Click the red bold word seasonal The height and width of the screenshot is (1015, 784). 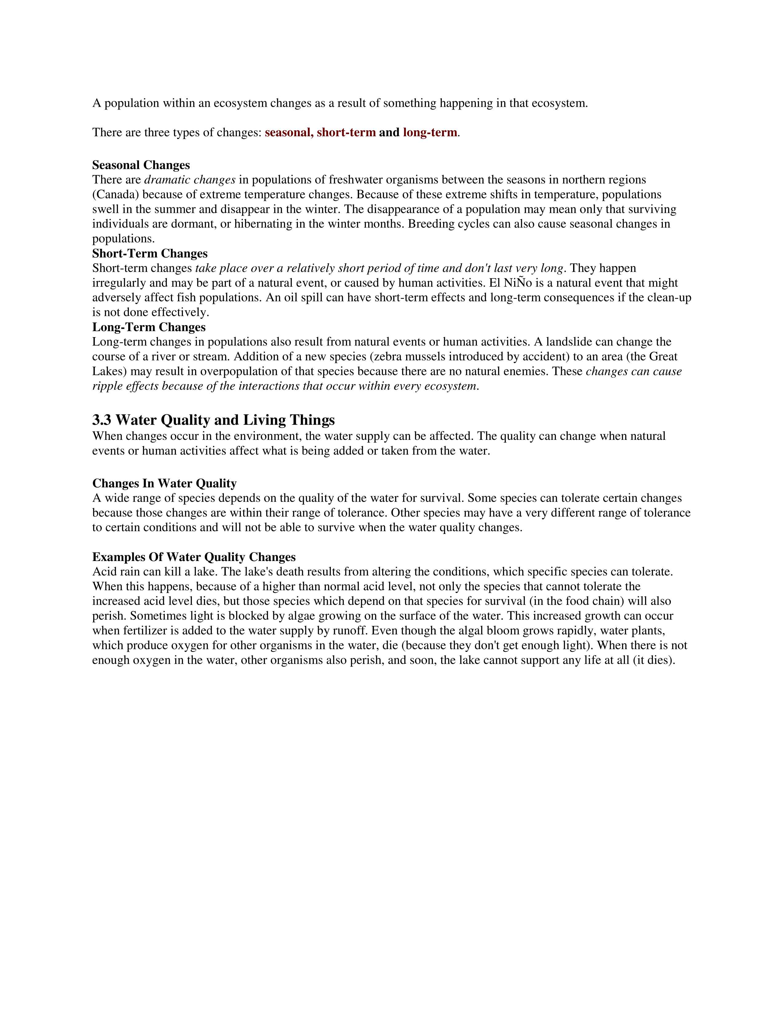click(x=288, y=133)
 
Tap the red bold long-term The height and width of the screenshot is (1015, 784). click(x=430, y=133)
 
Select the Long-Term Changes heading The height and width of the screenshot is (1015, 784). click(x=148, y=327)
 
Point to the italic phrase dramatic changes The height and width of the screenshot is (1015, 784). click(x=189, y=180)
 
